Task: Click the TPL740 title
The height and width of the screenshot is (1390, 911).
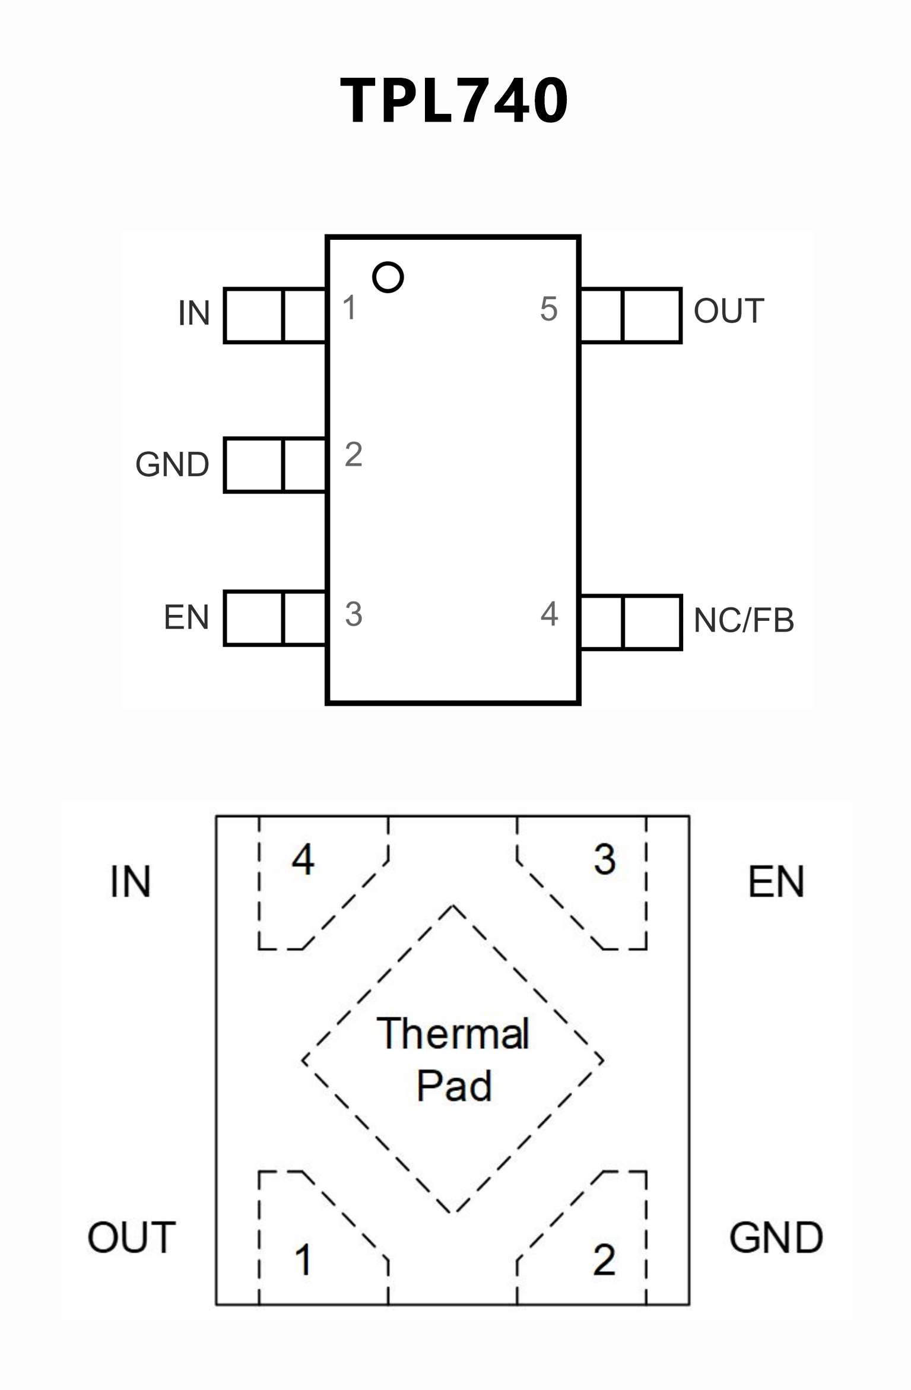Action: [x=455, y=101]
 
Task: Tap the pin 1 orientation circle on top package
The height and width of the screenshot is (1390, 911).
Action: [x=388, y=277]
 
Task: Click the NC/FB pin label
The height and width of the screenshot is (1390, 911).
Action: [x=743, y=621]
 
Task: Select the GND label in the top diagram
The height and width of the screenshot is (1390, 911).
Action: [x=172, y=465]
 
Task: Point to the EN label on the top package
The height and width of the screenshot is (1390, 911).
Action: [x=186, y=617]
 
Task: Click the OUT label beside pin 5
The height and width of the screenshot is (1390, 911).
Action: [x=729, y=312]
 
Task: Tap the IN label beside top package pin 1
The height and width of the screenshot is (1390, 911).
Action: [x=194, y=313]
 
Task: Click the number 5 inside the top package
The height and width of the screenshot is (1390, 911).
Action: [x=549, y=309]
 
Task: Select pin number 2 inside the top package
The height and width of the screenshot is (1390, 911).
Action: [x=354, y=455]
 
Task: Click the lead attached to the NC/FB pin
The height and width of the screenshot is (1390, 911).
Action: [x=631, y=622]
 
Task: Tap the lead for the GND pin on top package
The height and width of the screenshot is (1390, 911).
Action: [x=275, y=465]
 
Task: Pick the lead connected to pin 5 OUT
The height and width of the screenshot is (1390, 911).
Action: [x=631, y=315]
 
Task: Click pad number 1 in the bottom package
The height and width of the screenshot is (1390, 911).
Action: [x=303, y=1259]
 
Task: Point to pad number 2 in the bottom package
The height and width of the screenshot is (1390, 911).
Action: [x=604, y=1259]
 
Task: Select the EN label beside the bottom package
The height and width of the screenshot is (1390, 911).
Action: [x=776, y=882]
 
